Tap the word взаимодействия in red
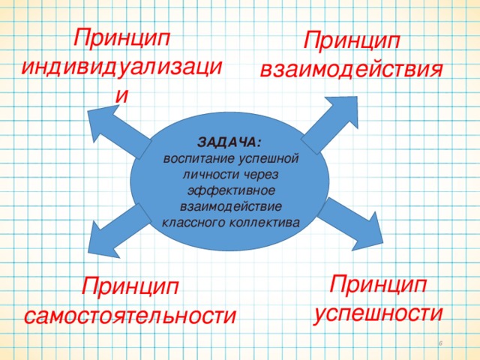352,70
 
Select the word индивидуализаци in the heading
121,67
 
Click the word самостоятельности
130,316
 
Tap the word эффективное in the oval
231,191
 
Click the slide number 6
441,343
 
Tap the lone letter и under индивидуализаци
121,96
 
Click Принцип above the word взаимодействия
352,40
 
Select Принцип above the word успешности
378,285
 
